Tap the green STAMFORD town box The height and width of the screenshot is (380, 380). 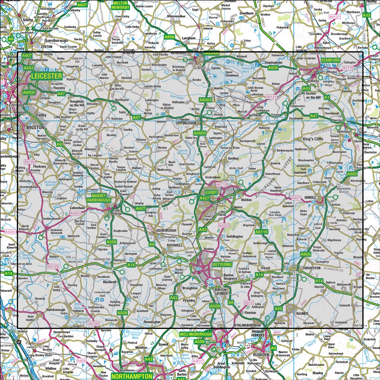[330, 60]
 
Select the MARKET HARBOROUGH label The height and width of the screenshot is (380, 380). [98, 198]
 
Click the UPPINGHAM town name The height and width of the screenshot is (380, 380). [186, 123]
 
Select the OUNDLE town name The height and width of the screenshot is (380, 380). [310, 198]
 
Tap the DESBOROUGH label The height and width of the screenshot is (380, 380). [167, 231]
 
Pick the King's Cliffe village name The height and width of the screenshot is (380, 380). [313, 139]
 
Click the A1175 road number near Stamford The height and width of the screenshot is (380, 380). [348, 68]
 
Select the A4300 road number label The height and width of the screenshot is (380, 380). [225, 226]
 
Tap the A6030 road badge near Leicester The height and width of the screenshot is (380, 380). [29, 92]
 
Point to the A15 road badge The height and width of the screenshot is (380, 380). [366, 15]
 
